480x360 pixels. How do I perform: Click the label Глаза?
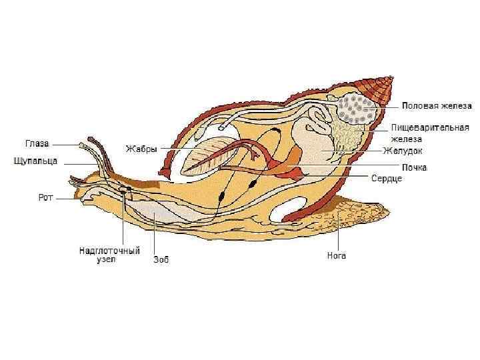tap(37, 143)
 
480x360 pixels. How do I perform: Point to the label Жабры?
tap(141, 149)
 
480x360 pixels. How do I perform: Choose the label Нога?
tap(336, 255)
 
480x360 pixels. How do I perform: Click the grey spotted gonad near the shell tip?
tap(356, 108)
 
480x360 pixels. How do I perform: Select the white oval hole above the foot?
tap(293, 213)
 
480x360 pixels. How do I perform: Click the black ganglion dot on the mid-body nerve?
tap(223, 196)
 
